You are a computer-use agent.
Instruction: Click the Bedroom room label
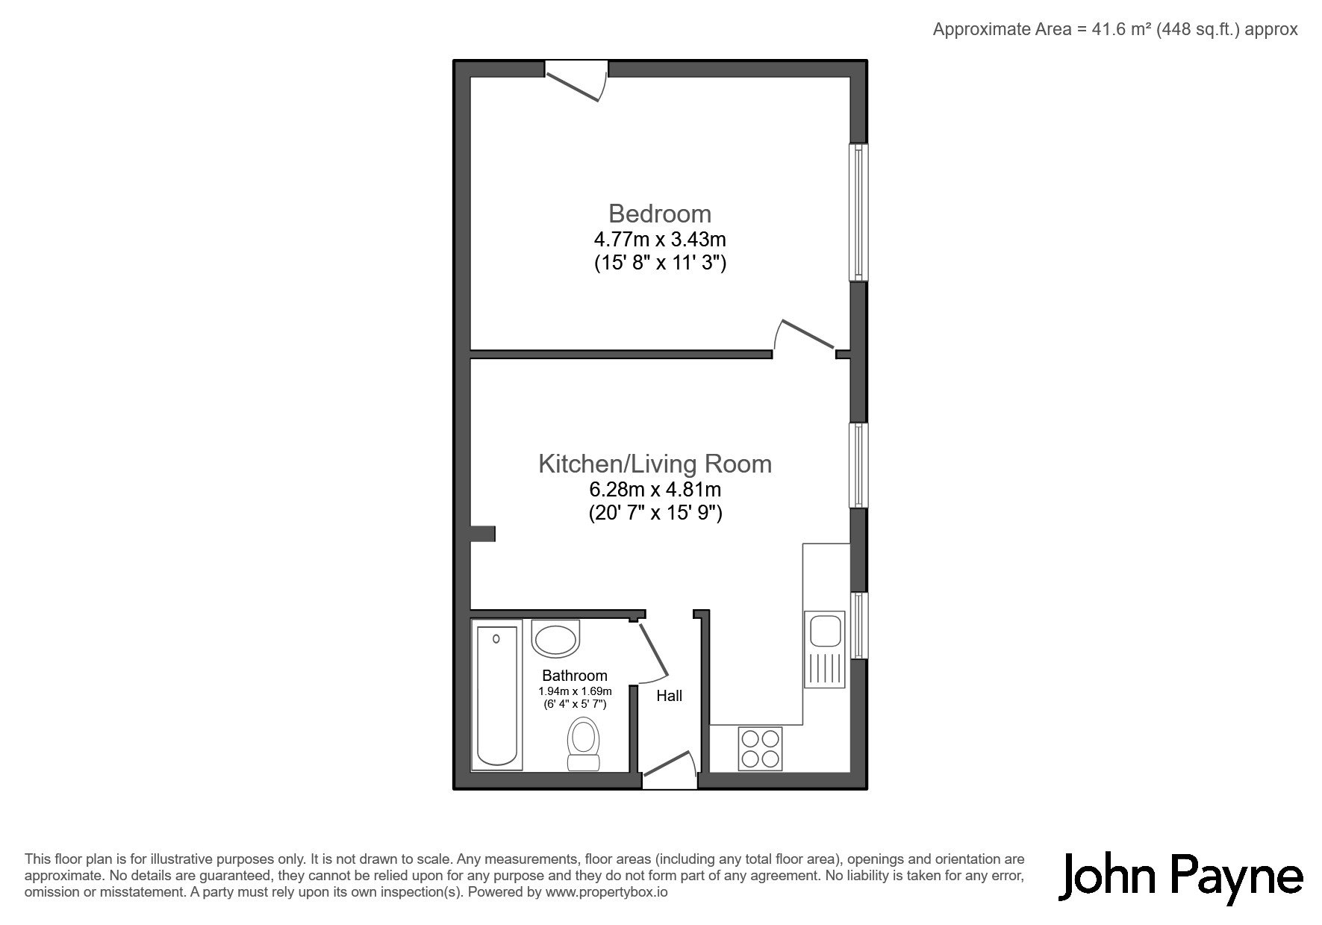point(660,214)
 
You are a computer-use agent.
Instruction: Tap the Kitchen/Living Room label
point(655,464)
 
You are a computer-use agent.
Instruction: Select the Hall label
point(669,696)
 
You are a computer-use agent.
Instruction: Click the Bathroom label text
point(575,676)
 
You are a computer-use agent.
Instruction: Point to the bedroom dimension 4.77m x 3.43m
point(660,240)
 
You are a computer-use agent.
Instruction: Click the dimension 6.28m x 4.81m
point(655,490)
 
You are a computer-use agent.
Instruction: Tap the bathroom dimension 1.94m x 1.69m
point(575,691)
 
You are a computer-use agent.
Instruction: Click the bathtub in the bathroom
point(496,697)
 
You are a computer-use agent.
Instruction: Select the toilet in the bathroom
point(584,744)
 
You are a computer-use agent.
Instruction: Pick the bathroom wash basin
point(555,638)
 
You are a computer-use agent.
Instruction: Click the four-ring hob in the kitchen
point(760,748)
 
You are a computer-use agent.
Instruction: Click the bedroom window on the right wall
point(859,212)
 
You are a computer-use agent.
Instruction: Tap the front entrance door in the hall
point(670,768)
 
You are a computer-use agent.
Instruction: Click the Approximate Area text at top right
point(1115,29)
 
